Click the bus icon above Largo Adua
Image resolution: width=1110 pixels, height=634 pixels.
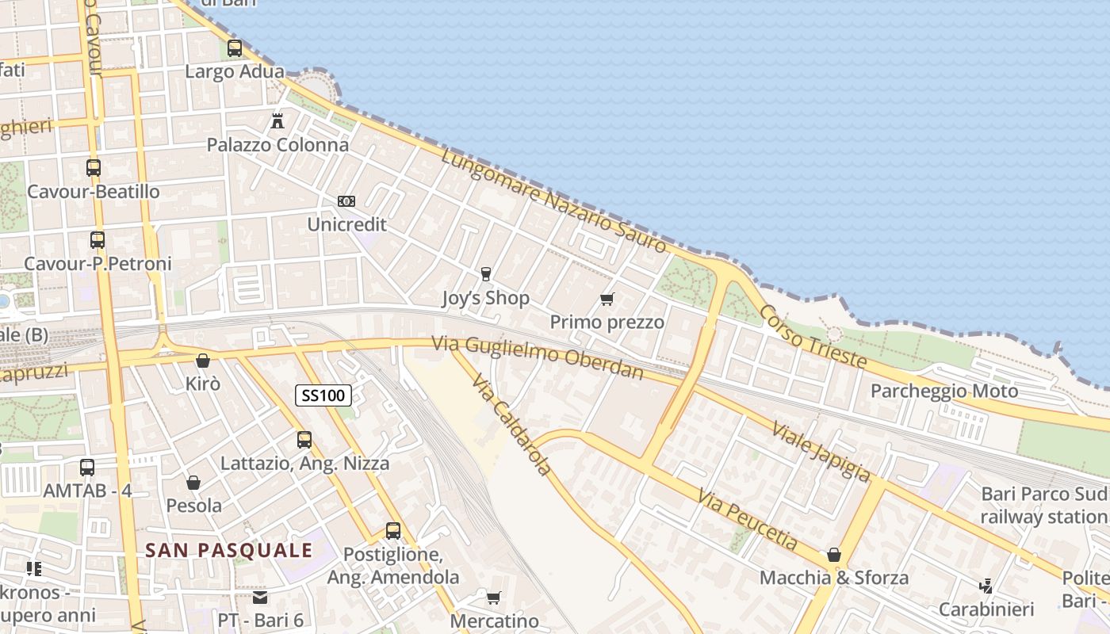235,48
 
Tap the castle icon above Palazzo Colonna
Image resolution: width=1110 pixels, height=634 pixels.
277,121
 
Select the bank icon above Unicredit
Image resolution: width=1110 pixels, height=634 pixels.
346,201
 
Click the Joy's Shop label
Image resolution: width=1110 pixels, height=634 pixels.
485,299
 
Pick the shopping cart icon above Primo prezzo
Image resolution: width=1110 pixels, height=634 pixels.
607,299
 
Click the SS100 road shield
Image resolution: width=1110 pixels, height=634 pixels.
323,395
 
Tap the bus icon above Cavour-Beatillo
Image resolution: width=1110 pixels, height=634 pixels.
94,168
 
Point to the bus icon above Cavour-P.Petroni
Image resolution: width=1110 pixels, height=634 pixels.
98,239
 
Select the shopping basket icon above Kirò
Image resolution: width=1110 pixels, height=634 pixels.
203,361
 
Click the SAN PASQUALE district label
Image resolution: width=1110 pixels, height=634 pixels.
229,550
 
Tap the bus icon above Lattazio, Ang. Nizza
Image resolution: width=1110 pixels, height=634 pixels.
304,440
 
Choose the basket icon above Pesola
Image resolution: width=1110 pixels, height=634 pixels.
193,482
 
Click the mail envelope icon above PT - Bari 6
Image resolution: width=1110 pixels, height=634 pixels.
260,597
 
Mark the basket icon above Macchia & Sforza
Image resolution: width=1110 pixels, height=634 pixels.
834,555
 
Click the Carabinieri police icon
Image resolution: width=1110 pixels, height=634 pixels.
986,586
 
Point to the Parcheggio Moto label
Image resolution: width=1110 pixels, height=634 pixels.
944,391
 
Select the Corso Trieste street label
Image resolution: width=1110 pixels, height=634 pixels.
813,336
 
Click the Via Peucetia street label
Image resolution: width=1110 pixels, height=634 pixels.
748,520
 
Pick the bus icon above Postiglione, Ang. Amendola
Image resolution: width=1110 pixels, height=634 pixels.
393,531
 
